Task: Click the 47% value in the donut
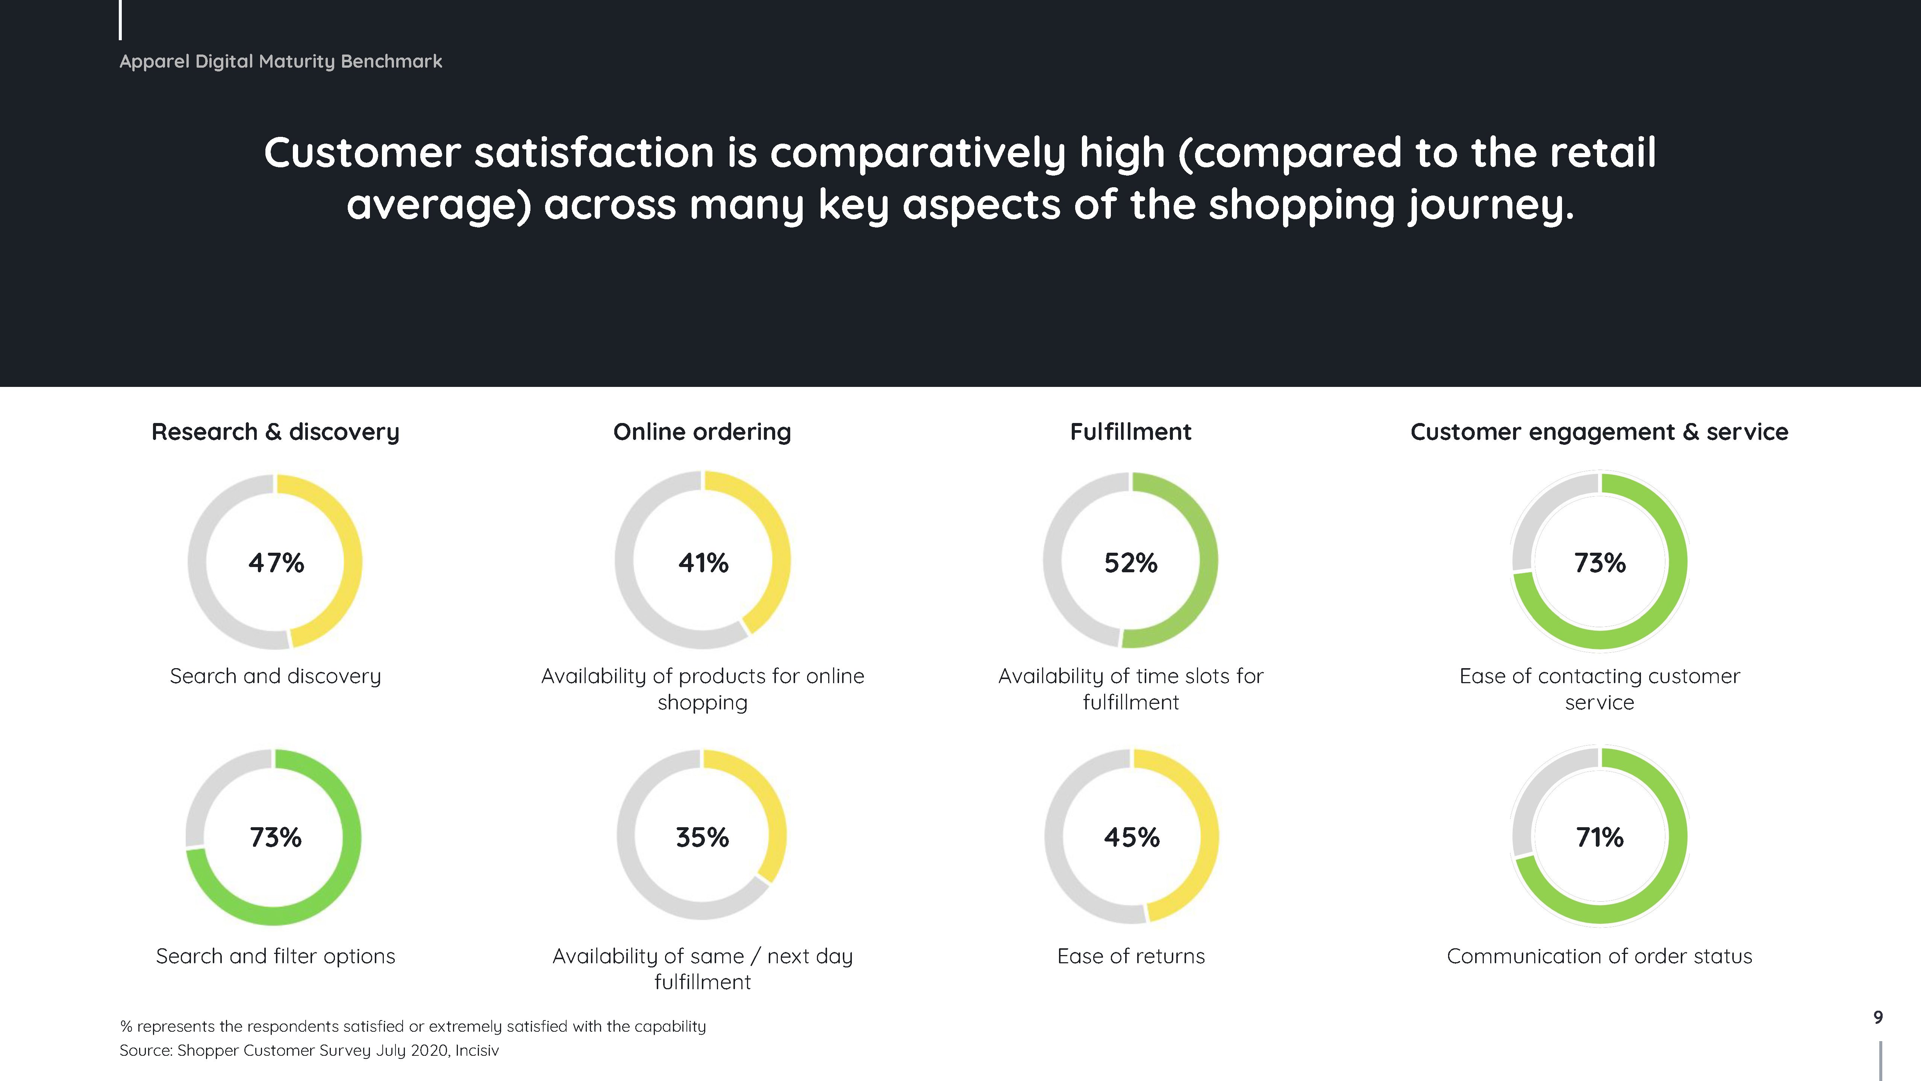click(276, 562)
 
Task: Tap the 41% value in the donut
click(703, 562)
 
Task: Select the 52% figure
click(1130, 562)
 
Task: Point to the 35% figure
click(703, 837)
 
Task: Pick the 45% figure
click(1131, 837)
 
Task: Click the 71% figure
click(1600, 837)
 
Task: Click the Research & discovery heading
click(275, 432)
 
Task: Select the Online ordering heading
click(702, 432)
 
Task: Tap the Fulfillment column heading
click(1130, 432)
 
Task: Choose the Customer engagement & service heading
click(1599, 432)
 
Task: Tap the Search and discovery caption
click(275, 676)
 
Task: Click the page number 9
click(1878, 1017)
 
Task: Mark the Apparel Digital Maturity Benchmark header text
click(280, 61)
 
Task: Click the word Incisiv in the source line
click(477, 1051)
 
